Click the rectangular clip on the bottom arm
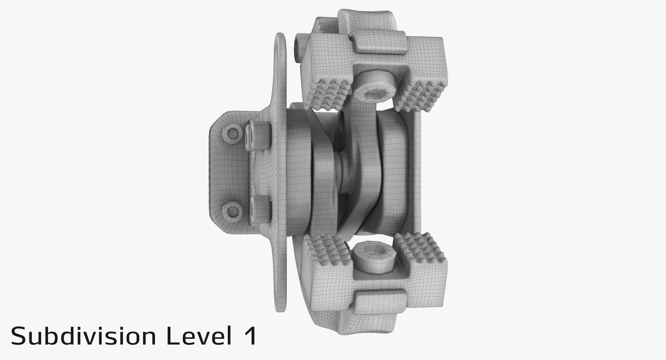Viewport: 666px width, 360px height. click(x=378, y=302)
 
